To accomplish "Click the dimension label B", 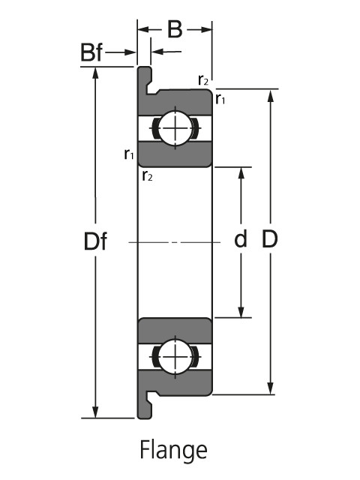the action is coord(175,30).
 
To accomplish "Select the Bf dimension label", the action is coord(91,52).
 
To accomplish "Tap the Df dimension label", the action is coord(95,241).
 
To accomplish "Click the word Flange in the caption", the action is coord(173,450).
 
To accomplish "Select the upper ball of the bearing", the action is coord(175,128).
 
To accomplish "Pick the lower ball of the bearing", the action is coord(175,357).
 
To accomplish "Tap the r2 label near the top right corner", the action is coord(203,80).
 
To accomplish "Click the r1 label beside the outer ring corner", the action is coord(220,99).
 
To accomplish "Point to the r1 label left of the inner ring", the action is coord(129,154).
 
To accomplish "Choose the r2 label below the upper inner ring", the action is coord(147,175).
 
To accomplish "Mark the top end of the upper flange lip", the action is coord(144,67).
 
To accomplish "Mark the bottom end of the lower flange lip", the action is coord(144,418).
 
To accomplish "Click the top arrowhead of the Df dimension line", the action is coord(95,73).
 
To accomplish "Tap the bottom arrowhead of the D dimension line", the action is coord(270,388).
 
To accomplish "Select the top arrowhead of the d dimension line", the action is coord(241,173).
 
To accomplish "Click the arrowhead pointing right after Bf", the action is coord(130,52).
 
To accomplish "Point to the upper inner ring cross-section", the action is coord(175,154).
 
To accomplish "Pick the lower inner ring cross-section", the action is coord(175,331).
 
